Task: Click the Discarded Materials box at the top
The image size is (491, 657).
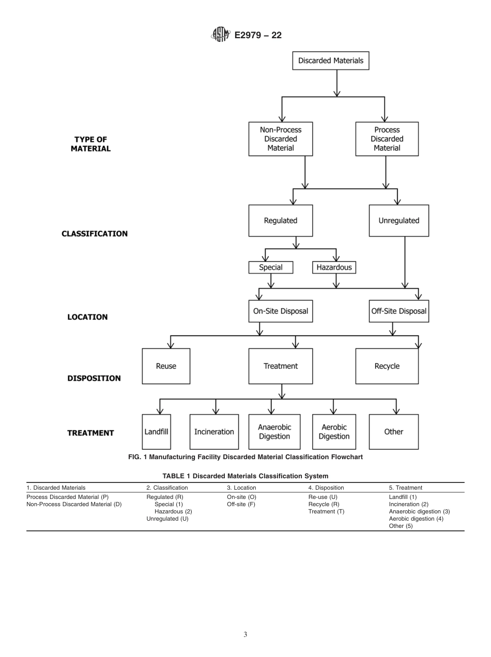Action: (x=331, y=60)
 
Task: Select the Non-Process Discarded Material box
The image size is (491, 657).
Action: (x=281, y=139)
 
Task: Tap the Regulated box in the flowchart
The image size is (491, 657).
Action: (x=281, y=221)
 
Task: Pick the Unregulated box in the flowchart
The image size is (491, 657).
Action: (x=398, y=221)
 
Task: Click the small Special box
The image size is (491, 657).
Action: (x=271, y=268)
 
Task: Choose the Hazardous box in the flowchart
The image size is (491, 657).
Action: (x=334, y=268)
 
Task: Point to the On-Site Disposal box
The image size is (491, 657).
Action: (x=281, y=311)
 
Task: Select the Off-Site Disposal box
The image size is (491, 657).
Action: (x=398, y=311)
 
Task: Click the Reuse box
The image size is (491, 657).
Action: (x=166, y=366)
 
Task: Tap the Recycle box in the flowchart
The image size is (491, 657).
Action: (x=387, y=366)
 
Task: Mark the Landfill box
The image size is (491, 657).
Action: (x=157, y=431)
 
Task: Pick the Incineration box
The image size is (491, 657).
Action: (x=214, y=432)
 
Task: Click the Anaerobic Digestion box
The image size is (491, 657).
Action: (x=274, y=432)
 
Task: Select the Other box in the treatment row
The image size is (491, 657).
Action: (x=393, y=432)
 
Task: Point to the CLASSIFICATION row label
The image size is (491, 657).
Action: (x=95, y=233)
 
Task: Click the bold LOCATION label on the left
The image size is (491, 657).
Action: (x=87, y=317)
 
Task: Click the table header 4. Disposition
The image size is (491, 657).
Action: (x=326, y=488)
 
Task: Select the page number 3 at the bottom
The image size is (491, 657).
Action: (x=245, y=635)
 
